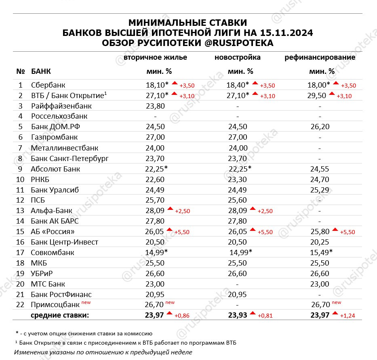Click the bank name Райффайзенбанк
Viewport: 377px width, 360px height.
click(61, 106)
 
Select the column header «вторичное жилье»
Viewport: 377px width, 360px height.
click(155, 57)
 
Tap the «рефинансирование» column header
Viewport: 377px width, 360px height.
click(320, 57)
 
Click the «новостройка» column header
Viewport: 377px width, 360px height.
click(238, 57)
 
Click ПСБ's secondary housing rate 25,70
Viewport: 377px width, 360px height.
click(155, 211)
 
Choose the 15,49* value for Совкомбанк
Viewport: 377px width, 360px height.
click(320, 253)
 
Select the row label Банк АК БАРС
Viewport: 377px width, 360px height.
click(55, 221)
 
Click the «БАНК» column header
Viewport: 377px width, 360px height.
click(41, 72)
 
